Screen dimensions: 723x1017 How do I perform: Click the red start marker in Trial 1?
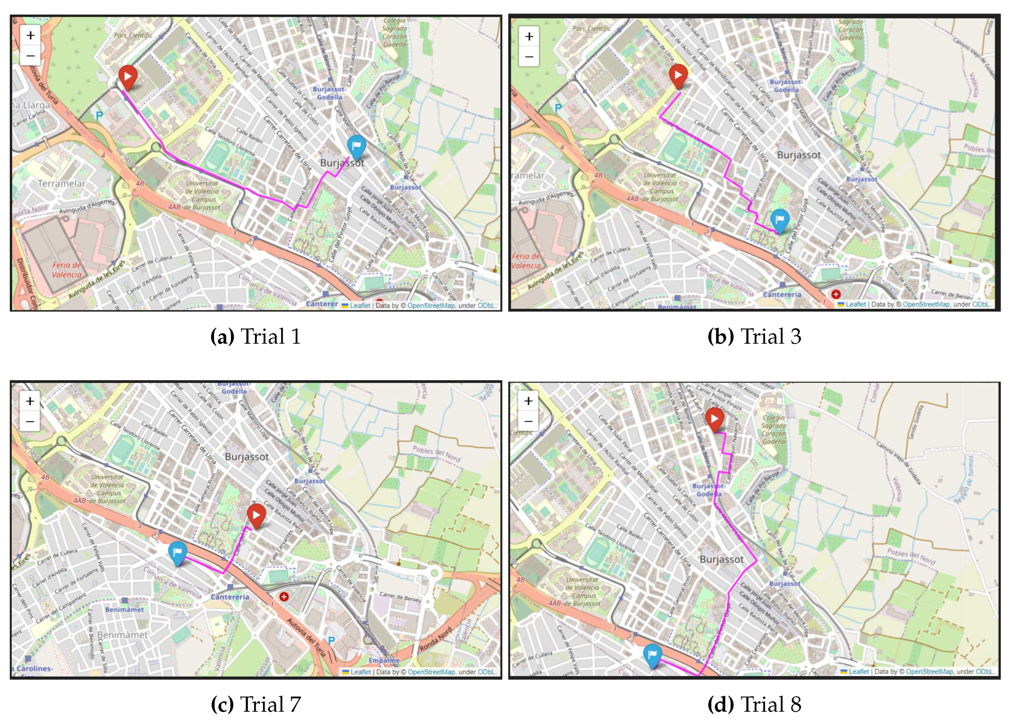tap(128, 77)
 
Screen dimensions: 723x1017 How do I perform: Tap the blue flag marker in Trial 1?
tap(357, 146)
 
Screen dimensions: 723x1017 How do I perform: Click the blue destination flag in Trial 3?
tap(780, 219)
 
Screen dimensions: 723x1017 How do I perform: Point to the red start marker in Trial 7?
tap(256, 515)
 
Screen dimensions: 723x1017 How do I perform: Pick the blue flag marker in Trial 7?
tap(177, 552)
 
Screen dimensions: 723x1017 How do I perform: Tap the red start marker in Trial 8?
tap(715, 418)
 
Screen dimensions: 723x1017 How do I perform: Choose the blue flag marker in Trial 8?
tap(652, 654)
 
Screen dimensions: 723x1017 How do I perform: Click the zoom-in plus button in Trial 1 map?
tap(30, 35)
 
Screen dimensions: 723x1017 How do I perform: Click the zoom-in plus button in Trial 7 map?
tap(30, 401)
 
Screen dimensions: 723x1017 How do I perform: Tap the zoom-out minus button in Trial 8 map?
tap(528, 421)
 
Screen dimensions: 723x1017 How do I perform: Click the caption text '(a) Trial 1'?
tap(255, 337)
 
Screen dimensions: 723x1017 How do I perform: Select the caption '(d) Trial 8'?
tap(754, 704)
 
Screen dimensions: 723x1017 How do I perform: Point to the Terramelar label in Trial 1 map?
tap(61, 183)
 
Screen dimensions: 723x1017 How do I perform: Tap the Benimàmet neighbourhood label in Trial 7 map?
tap(122, 635)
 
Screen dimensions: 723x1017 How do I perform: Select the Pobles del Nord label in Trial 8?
tap(911, 556)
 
